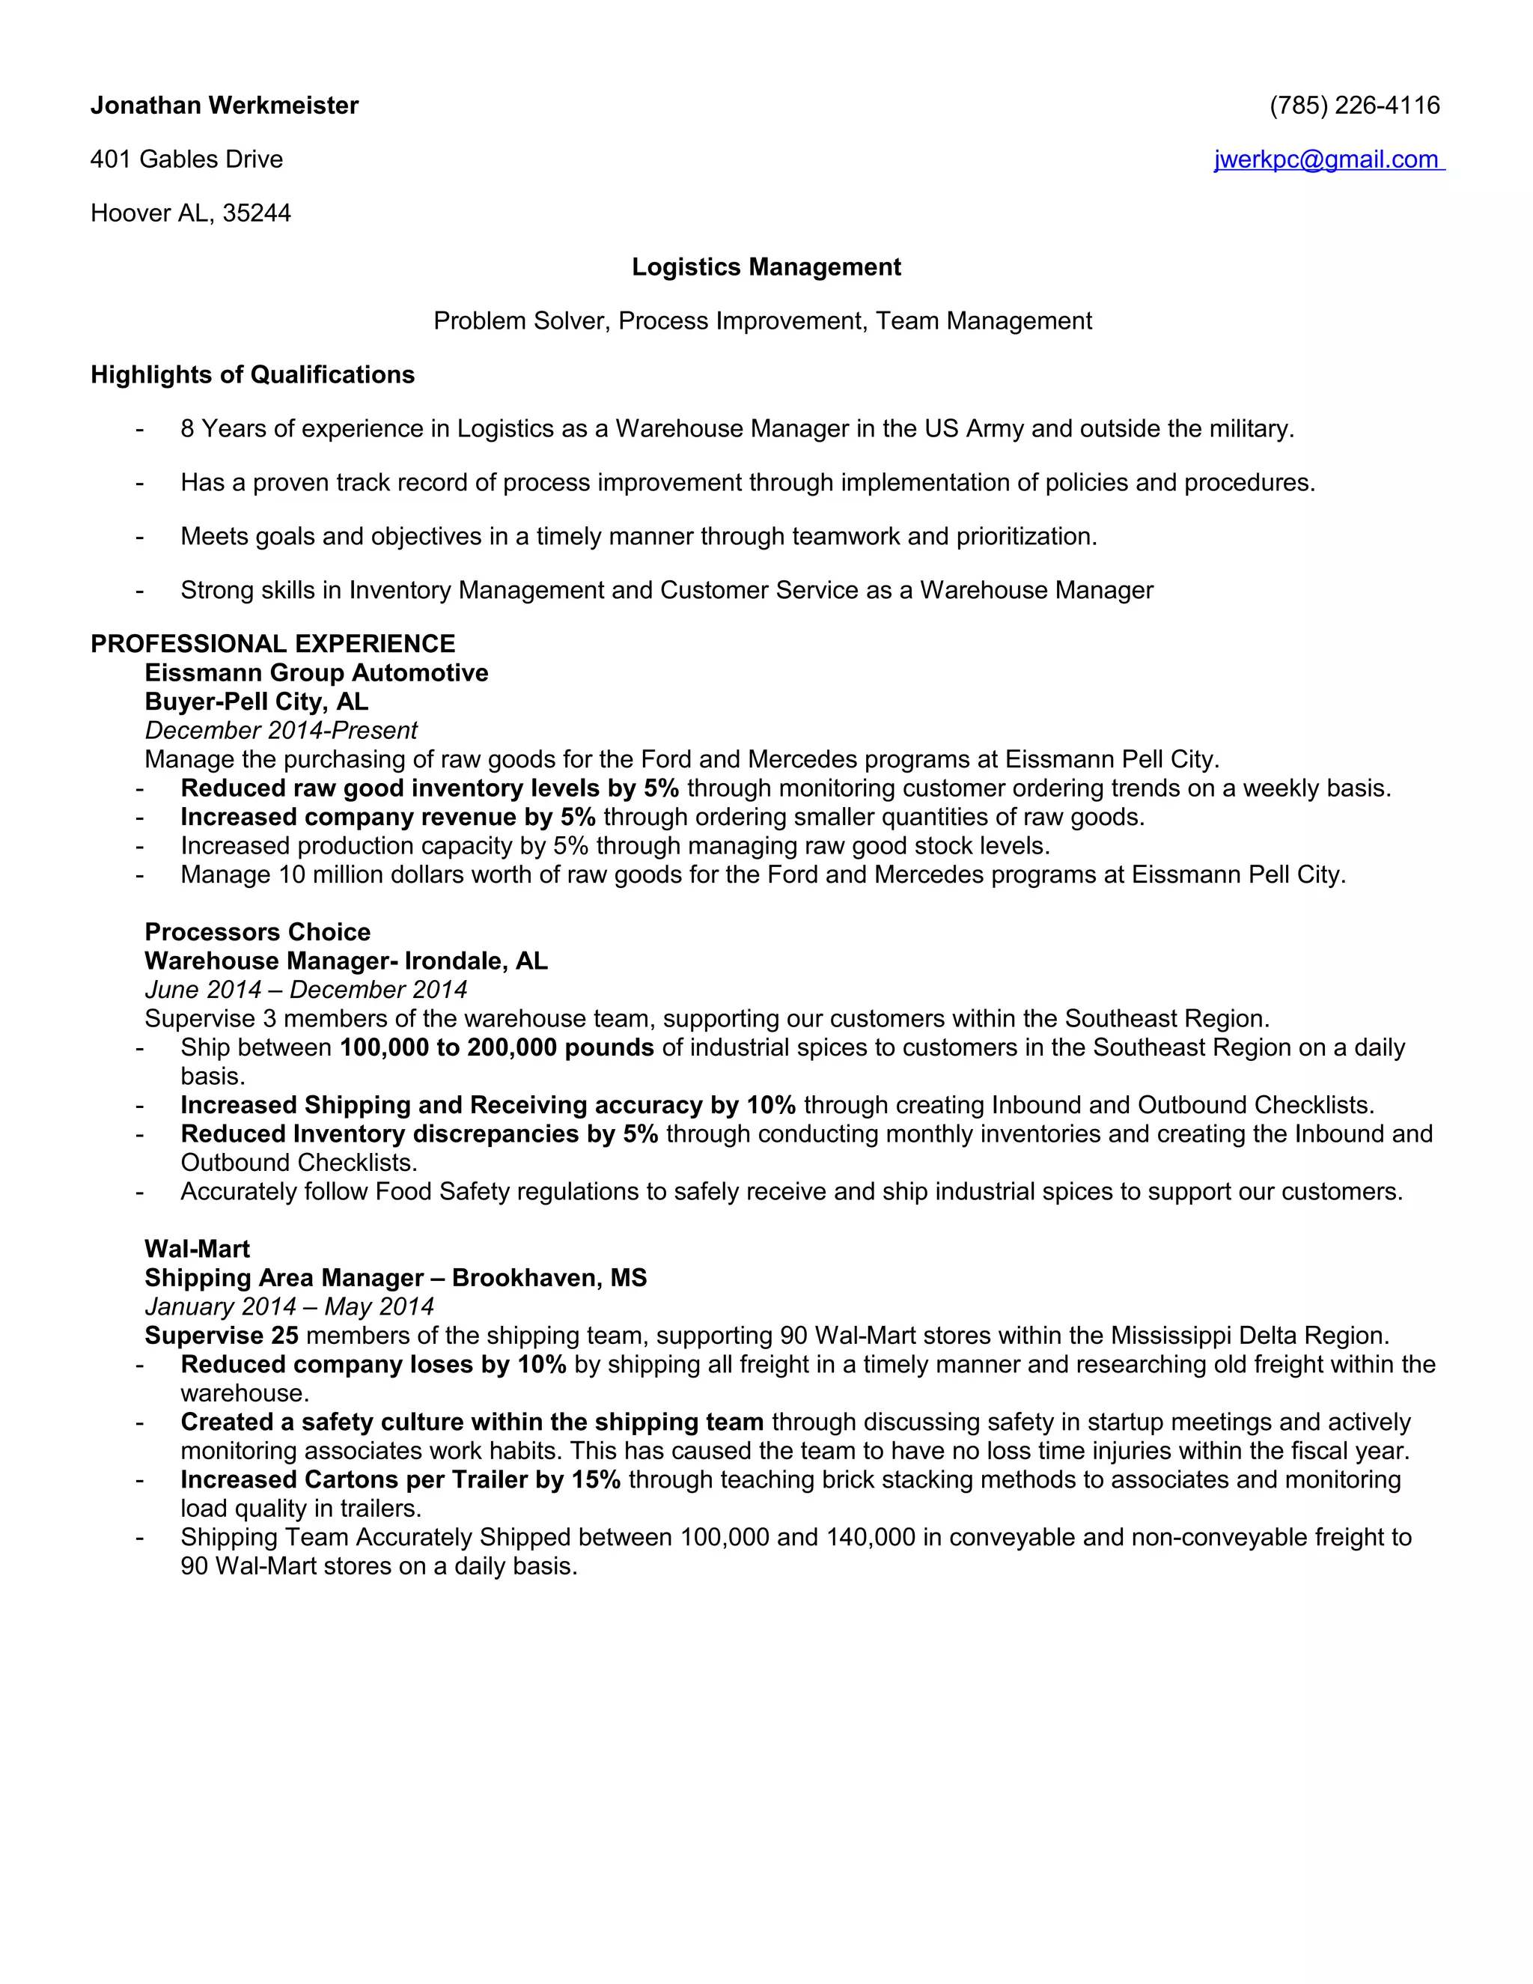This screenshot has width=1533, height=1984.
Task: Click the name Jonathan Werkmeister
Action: click(x=225, y=106)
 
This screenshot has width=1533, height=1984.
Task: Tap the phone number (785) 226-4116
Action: click(x=1354, y=106)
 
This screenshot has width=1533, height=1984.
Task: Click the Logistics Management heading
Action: click(x=766, y=267)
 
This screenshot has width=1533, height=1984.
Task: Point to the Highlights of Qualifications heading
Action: click(x=252, y=374)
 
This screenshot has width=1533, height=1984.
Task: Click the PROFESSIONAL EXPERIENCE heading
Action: click(x=272, y=643)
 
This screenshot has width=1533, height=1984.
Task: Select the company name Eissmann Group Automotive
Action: click(x=316, y=672)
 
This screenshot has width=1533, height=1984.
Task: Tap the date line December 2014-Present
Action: click(x=281, y=731)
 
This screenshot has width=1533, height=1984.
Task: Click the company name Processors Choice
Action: click(x=257, y=932)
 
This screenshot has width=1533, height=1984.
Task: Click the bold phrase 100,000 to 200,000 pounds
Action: click(x=497, y=1047)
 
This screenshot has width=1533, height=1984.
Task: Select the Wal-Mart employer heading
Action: click(x=197, y=1249)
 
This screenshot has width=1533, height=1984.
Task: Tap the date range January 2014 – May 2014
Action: click(x=289, y=1306)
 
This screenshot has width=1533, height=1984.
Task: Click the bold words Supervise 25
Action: click(x=222, y=1336)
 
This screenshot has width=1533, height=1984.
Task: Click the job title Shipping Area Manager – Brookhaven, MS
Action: click(x=395, y=1277)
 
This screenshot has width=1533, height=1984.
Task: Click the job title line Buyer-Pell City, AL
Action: click(x=256, y=702)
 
